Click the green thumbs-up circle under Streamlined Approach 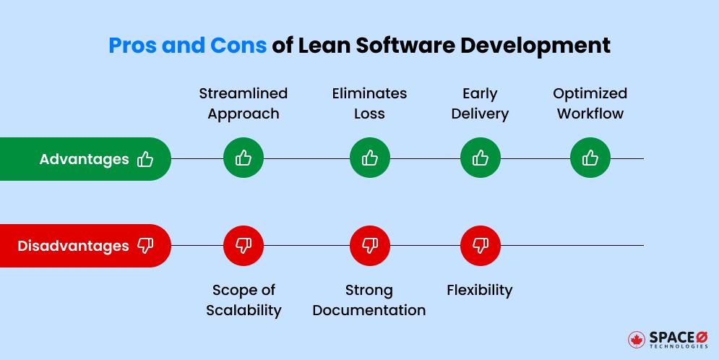(x=244, y=158)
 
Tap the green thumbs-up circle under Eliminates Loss (x=370, y=158)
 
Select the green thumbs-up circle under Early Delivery (x=481, y=158)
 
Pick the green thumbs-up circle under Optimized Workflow (x=590, y=158)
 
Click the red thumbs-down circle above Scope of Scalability (x=244, y=246)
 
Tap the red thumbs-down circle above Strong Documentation (x=370, y=246)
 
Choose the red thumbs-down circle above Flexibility (x=481, y=246)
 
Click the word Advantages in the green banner (x=84, y=159)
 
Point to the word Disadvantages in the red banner (x=73, y=246)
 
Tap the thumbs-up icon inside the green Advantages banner (x=145, y=159)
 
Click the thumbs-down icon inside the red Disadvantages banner (x=145, y=247)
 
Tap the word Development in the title (x=541, y=45)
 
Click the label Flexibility (x=480, y=290)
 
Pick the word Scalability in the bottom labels (x=244, y=310)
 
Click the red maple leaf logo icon (x=637, y=340)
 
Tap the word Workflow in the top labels (x=590, y=113)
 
